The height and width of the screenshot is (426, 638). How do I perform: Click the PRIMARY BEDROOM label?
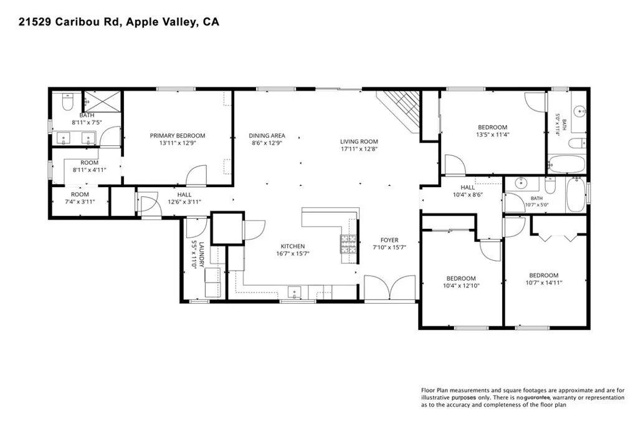[x=178, y=135]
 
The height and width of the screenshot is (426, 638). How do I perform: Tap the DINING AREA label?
[x=267, y=135]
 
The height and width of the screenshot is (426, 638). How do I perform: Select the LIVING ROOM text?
[x=359, y=142]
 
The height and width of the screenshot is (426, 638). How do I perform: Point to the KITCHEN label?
[x=293, y=246]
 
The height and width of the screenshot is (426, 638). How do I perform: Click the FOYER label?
[x=389, y=240]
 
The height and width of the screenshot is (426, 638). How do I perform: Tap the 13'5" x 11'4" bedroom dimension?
[x=493, y=134]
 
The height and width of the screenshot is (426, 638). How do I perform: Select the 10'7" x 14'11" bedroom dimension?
[x=543, y=283]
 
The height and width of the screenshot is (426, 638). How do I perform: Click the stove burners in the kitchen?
[x=348, y=244]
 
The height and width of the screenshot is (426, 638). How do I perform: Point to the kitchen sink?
[x=295, y=292]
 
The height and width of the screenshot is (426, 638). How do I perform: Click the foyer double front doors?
[x=390, y=288]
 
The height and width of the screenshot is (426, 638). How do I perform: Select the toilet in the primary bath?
[x=67, y=102]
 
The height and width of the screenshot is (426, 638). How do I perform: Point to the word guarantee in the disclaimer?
[x=538, y=398]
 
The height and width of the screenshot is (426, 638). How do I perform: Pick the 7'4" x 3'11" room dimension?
[x=80, y=201]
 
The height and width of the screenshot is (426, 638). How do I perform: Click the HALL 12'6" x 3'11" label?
[x=184, y=198]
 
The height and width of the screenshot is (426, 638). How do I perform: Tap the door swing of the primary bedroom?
[x=196, y=175]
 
